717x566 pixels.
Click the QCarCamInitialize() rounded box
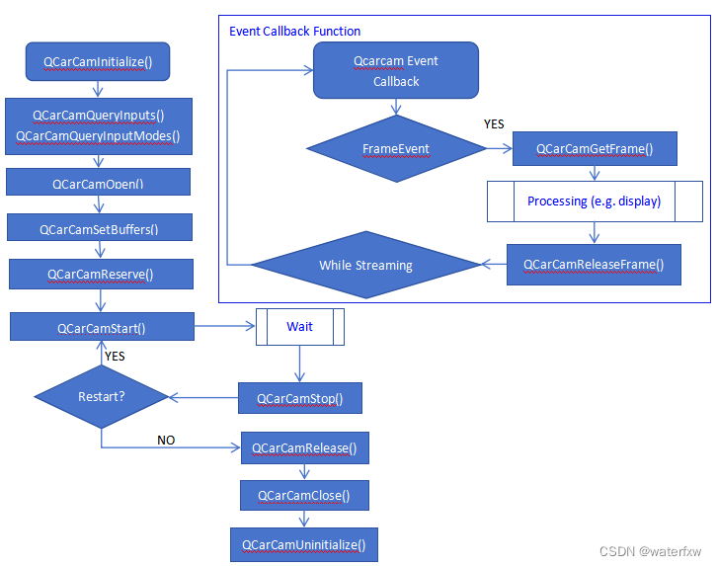tap(98, 61)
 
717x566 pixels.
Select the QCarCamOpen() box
tap(98, 183)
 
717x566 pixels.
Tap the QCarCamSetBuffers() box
tap(99, 228)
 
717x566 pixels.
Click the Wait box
tap(300, 326)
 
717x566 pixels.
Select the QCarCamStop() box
tap(300, 398)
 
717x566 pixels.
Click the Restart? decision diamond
tap(102, 397)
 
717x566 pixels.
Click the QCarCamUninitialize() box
tap(304, 544)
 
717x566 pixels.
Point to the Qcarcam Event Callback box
tap(396, 71)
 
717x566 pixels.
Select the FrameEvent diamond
tap(396, 148)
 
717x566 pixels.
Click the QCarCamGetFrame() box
tap(594, 148)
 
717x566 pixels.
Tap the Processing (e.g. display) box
tap(594, 201)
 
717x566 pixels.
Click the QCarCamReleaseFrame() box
tap(594, 264)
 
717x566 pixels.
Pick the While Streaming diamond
tap(365, 265)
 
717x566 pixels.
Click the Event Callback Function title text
tap(295, 32)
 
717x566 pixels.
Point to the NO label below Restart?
tap(166, 440)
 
